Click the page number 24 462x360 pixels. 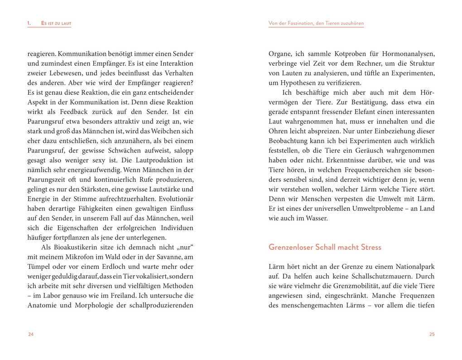click(x=31, y=334)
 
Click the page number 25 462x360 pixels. click(x=432, y=334)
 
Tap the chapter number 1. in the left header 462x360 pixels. click(x=29, y=23)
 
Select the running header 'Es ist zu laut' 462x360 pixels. click(x=56, y=23)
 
